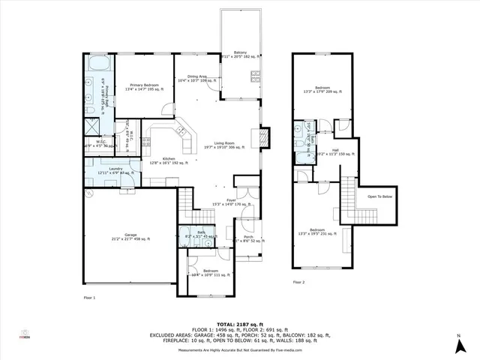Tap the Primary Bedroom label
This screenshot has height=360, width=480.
pyautogui.click(x=142, y=86)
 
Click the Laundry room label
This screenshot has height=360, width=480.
pyautogui.click(x=115, y=171)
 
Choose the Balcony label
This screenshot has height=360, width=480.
pyautogui.click(x=240, y=54)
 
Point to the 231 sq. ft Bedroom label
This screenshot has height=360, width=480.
pyautogui.click(x=319, y=232)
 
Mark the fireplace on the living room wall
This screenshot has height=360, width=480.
pyautogui.click(x=262, y=137)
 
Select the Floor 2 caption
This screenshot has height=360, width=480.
pyautogui.click(x=299, y=282)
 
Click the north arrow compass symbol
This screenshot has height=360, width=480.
pyautogui.click(x=457, y=346)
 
